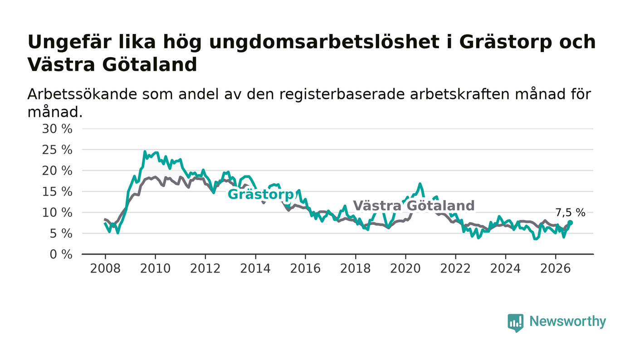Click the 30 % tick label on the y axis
pos(57,129)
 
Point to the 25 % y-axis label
pos(57,150)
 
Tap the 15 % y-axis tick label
pos(57,192)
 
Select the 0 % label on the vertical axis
pos(61,254)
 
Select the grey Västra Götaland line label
pos(414,205)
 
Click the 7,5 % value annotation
pos(570,213)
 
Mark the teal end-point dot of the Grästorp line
pos(570,223)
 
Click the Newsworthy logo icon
pos(515,323)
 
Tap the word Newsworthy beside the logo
pos(567,321)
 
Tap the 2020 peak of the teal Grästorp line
pos(420,184)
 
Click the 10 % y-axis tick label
pos(57,213)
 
